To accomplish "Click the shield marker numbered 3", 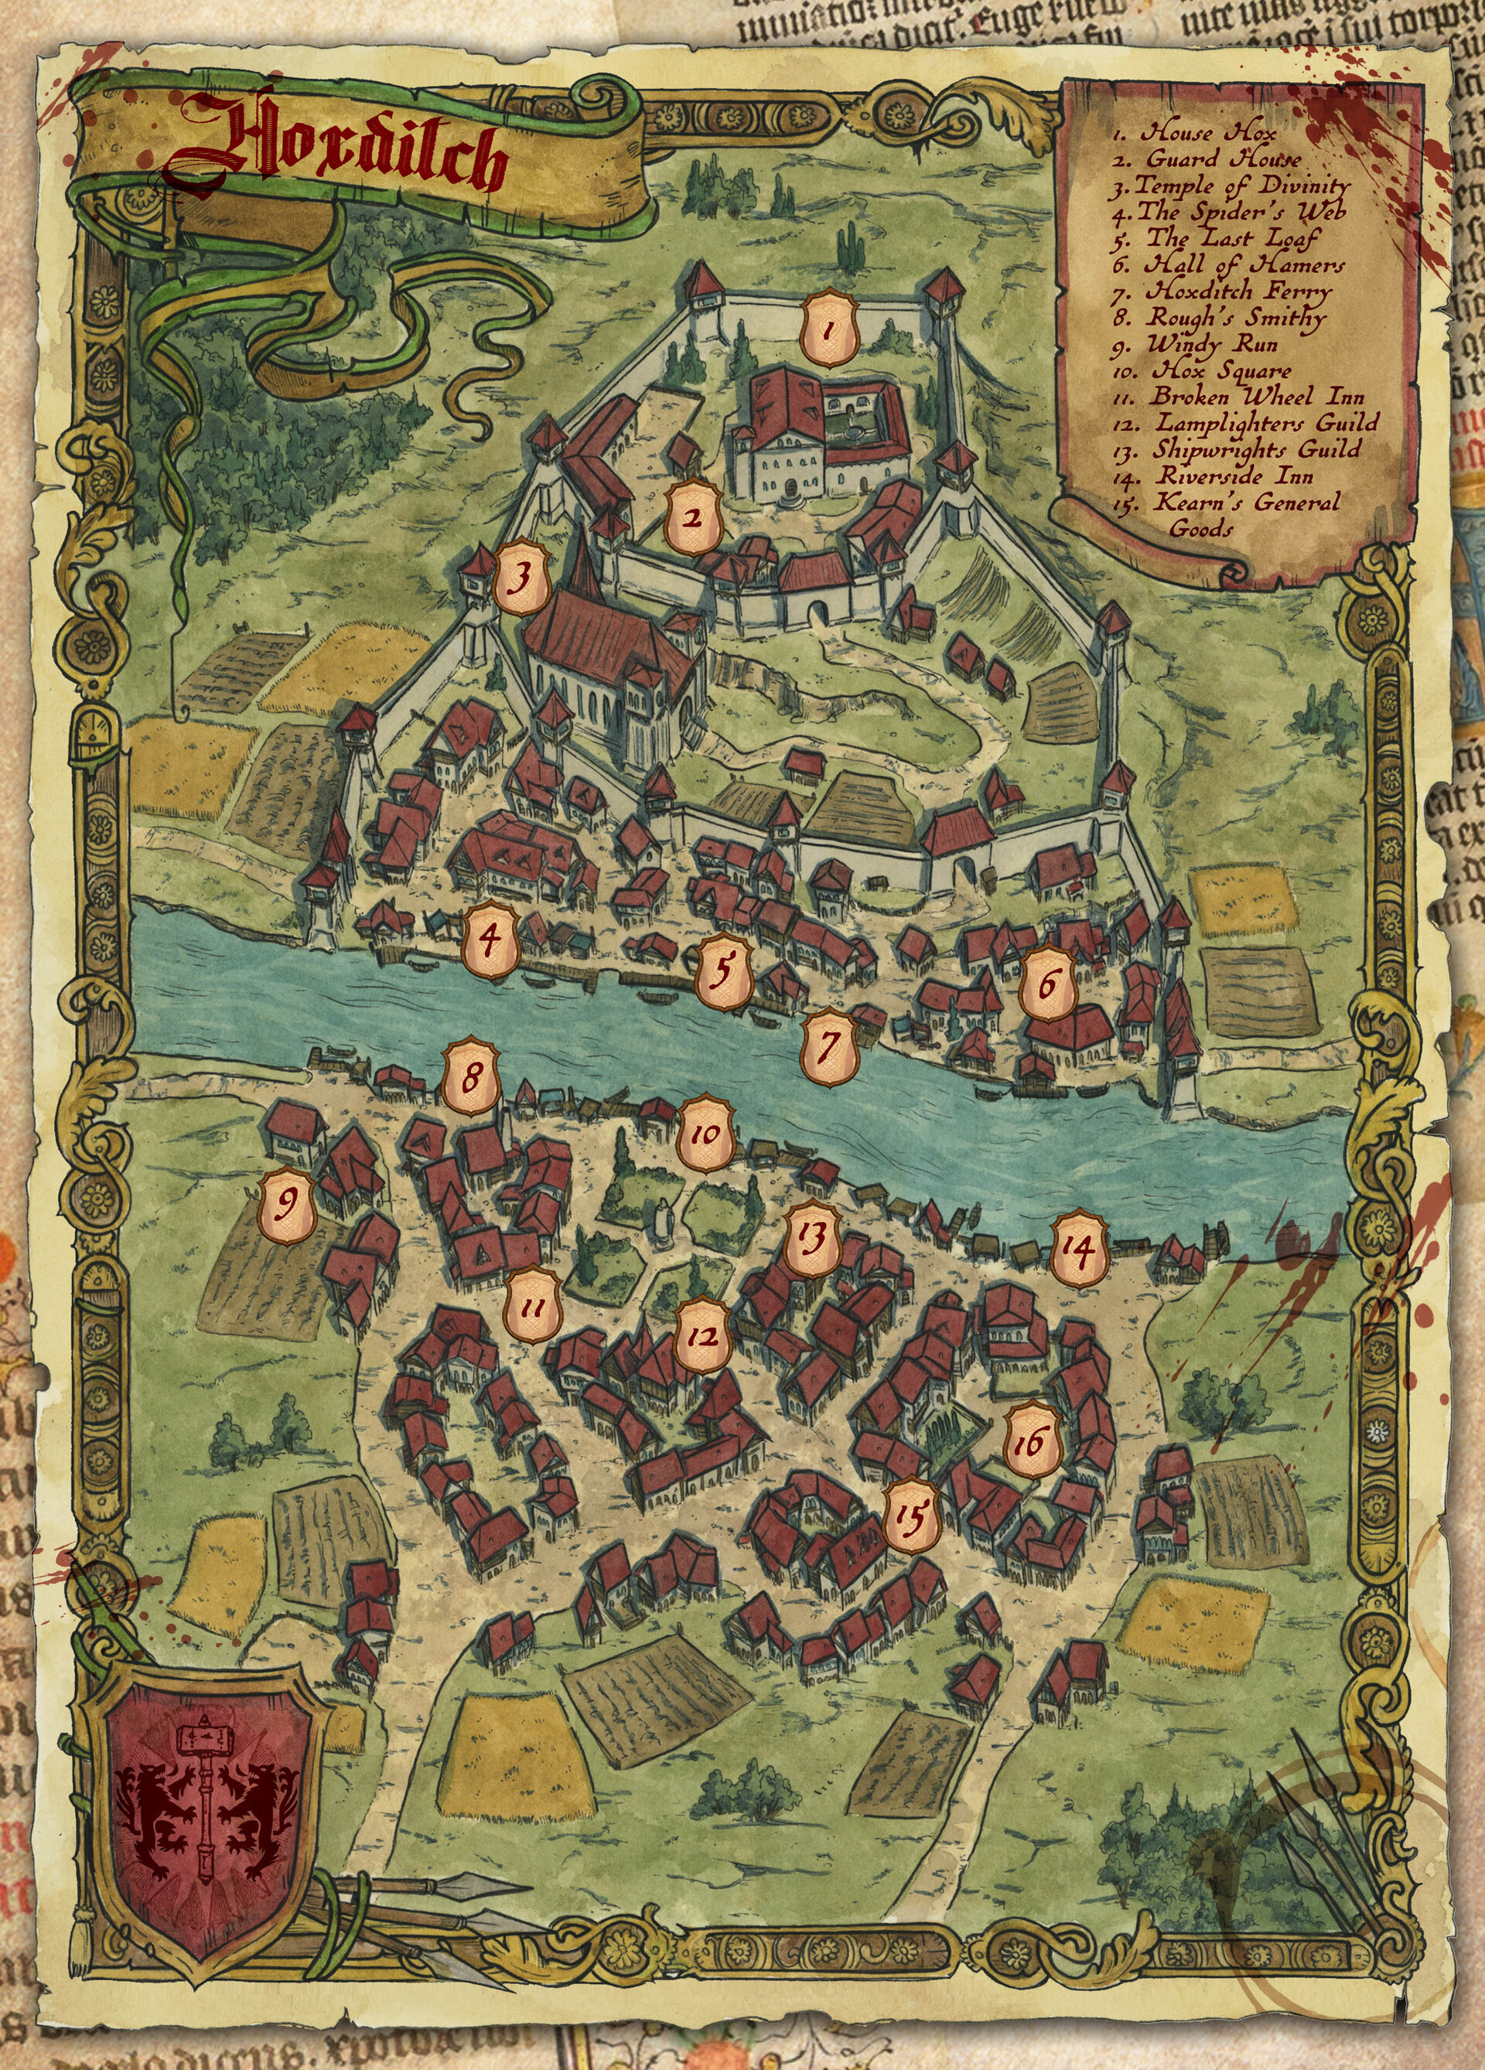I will point(521,577).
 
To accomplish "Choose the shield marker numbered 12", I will point(702,1335).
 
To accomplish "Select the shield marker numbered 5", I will point(723,971).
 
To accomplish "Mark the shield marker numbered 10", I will point(705,1134).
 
